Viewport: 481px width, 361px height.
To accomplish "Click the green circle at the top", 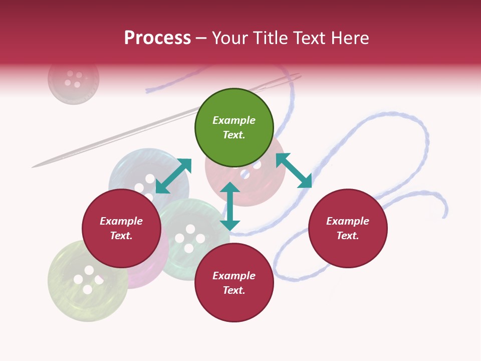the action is pos(234,127).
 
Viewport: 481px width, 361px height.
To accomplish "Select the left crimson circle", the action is pos(121,228).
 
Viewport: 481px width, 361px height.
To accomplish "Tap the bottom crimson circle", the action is pos(234,282).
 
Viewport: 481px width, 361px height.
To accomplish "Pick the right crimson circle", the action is pos(348,228).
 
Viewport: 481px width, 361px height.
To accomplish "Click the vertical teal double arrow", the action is pos(230,206).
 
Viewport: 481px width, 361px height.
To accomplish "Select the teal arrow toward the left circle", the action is pos(174,176).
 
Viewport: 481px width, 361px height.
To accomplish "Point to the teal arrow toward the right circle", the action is pos(294,170).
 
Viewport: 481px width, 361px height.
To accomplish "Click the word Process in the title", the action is pos(157,38).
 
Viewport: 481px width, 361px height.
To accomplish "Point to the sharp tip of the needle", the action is pos(33,167).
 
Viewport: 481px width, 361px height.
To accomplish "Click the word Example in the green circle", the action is pos(234,120).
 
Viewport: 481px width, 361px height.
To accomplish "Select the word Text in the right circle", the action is pos(348,236).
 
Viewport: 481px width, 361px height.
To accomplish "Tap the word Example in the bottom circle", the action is pos(234,276).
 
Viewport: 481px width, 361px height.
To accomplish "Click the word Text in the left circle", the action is pos(121,236).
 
